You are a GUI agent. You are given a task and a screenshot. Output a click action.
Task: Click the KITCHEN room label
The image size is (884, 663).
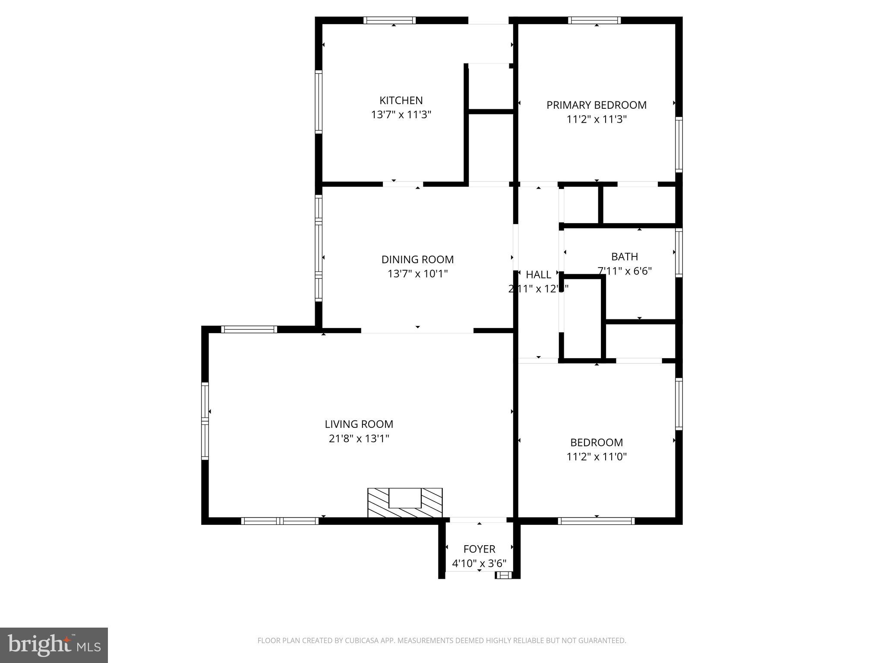click(x=401, y=100)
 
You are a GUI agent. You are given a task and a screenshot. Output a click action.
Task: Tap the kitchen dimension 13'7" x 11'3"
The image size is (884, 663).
click(x=401, y=115)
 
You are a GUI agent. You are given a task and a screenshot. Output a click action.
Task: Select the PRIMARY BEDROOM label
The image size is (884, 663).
click(x=596, y=105)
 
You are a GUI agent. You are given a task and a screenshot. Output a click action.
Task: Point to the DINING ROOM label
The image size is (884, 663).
click(x=417, y=259)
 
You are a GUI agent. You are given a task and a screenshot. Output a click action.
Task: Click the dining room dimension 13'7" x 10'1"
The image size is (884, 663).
click(x=417, y=274)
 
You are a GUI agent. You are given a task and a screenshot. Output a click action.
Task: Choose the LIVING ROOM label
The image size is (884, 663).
click(x=359, y=424)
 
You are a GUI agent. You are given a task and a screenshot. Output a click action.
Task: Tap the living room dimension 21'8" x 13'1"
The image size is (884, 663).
click(x=359, y=439)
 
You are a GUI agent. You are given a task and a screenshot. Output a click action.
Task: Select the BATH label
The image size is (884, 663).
click(x=624, y=257)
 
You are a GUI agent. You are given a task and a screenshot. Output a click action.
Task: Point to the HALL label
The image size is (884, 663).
click(x=538, y=275)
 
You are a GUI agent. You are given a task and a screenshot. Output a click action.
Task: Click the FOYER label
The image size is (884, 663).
click(x=479, y=549)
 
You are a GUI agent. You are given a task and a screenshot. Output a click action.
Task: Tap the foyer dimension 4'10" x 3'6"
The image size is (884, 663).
click(x=479, y=564)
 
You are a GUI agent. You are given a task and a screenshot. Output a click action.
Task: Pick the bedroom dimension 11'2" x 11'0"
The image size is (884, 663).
click(x=596, y=457)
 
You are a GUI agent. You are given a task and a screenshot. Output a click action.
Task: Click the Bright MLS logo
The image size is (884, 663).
click(x=54, y=645)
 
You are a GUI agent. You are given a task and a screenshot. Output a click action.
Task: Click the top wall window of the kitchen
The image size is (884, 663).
click(x=389, y=20)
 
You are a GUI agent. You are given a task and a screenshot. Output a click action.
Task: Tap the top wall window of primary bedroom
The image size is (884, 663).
click(x=594, y=20)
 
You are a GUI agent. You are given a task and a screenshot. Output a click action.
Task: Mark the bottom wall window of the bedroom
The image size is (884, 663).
click(x=596, y=521)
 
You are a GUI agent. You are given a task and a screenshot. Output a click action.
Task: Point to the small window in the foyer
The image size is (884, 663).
click(x=503, y=575)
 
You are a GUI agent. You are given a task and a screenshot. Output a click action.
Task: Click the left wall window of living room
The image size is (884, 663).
click(x=205, y=420)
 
